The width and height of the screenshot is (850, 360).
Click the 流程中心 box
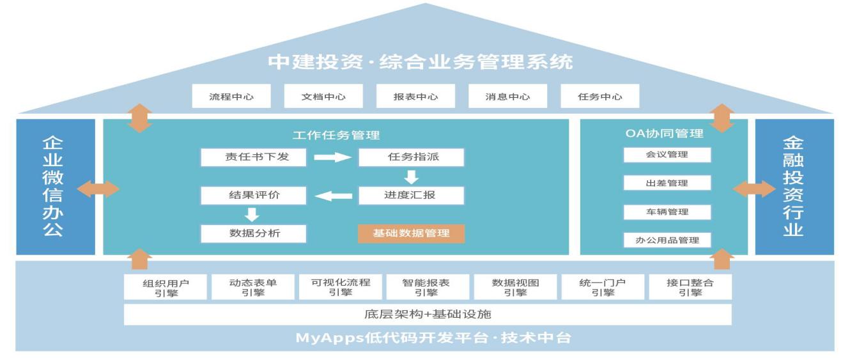point(231,97)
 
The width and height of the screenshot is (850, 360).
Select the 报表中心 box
point(415,97)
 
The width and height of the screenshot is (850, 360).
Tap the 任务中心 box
point(599,97)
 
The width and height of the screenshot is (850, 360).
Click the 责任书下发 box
point(253,157)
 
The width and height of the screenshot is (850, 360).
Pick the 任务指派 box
point(411,157)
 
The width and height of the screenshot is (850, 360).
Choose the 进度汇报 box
point(411,195)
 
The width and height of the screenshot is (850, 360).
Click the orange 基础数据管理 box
point(411,233)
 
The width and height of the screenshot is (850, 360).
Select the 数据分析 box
point(253,233)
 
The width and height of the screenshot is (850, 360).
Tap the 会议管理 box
point(667,155)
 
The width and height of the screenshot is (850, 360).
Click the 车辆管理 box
point(667,212)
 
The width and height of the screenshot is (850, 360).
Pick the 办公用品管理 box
point(667,240)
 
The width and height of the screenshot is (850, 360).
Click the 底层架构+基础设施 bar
point(427,315)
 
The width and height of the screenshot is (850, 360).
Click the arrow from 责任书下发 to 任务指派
point(332,158)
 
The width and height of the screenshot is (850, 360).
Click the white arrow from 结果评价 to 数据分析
point(252,215)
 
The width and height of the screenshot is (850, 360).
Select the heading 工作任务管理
point(336,135)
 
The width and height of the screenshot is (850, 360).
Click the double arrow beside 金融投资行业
point(753,189)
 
